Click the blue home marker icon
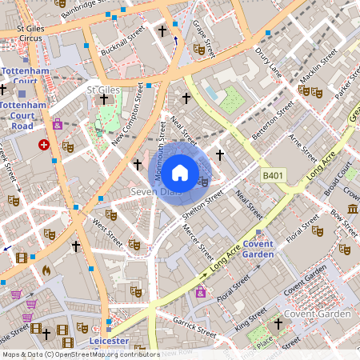pos(180,172)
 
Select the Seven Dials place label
pos(155,193)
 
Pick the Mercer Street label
pos(197,238)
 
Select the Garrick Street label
pos(196,329)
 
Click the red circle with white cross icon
pos(44,145)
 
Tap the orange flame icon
pos(46,270)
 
